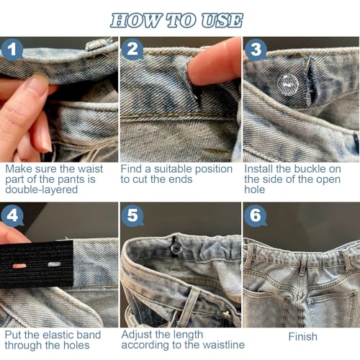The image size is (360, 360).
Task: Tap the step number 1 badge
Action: point(12,50)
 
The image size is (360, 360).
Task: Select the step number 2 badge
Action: point(132,50)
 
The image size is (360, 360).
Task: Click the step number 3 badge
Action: point(254,50)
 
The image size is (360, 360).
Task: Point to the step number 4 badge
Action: point(12,216)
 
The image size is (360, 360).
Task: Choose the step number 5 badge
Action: point(132,216)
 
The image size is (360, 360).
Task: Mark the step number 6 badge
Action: point(255,216)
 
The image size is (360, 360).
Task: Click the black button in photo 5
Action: point(174,248)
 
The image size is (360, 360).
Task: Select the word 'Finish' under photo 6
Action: point(302,336)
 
